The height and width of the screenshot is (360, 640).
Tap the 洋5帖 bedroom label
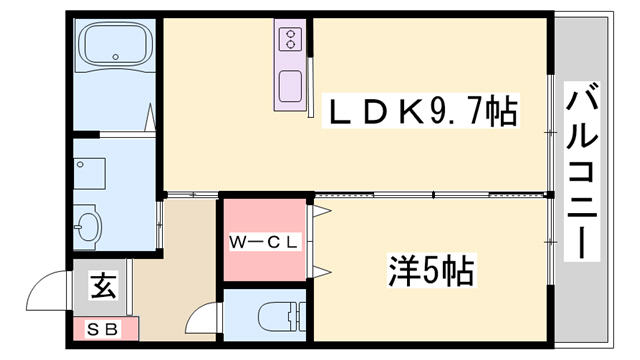pyautogui.click(x=430, y=269)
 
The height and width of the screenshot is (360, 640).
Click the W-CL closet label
pyautogui.click(x=263, y=241)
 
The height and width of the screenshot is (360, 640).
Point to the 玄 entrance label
pyautogui.click(x=103, y=287)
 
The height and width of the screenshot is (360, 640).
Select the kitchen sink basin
pyautogui.click(x=291, y=85)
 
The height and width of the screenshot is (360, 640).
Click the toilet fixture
pyautogui.click(x=278, y=318)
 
